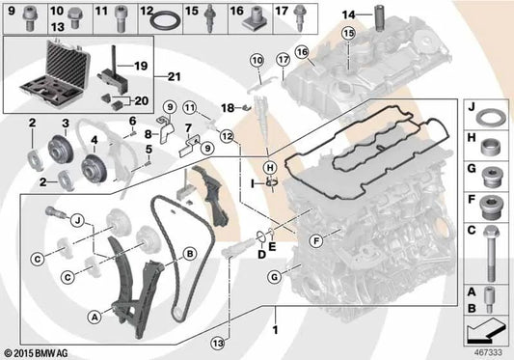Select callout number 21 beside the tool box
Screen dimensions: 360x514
click(175, 76)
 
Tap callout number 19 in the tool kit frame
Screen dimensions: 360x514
click(140, 68)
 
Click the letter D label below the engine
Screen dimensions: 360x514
click(260, 253)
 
